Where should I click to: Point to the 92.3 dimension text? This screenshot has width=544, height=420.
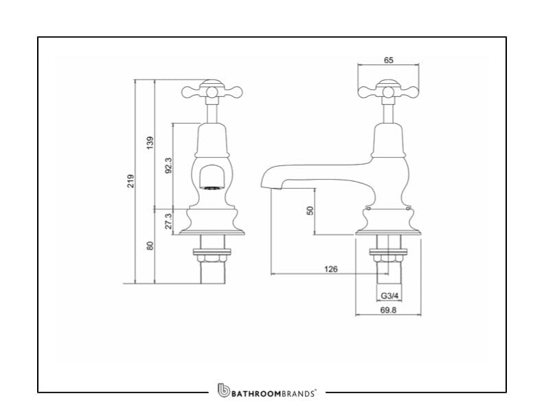pos(168,165)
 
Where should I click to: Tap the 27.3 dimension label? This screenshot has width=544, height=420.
pos(168,221)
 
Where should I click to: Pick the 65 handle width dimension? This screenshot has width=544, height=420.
pos(388,60)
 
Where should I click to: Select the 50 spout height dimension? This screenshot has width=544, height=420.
pos(309,211)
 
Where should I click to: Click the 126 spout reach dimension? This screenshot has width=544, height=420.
pos(330,269)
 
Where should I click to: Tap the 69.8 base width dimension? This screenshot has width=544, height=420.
pos(388,310)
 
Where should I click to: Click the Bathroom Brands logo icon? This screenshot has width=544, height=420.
pos(223,390)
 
